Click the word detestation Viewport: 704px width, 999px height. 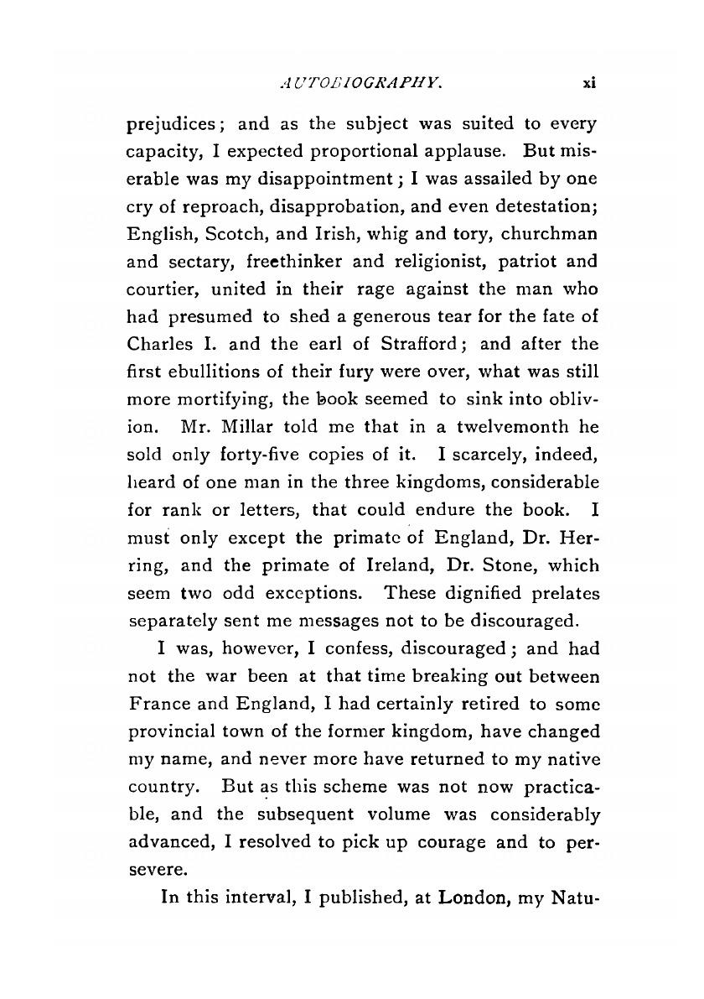point(541,210)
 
